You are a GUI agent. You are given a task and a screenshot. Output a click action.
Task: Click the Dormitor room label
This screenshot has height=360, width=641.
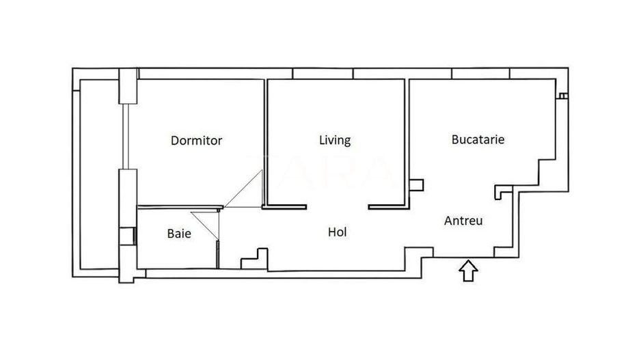pos(196,141)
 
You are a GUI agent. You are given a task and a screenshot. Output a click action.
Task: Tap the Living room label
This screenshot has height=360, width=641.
pos(335,140)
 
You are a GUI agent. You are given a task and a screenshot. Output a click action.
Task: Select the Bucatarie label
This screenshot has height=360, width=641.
pos(478,139)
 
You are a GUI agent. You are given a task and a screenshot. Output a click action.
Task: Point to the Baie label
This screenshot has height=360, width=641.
pos(179,234)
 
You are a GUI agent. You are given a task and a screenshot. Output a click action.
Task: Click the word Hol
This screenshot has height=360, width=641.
pos(337,232)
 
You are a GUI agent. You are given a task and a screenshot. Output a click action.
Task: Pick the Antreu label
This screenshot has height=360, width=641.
pos(464,221)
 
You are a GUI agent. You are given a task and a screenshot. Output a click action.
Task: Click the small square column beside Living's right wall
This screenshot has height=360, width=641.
pos(416,184)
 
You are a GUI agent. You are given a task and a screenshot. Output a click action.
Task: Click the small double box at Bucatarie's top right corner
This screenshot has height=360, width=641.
pos(562,96)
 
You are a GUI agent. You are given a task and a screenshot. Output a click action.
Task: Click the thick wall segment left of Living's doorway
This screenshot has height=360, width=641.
pos(285,206)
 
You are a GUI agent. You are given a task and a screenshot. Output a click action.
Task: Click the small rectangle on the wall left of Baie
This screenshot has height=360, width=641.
pos(126,236)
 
